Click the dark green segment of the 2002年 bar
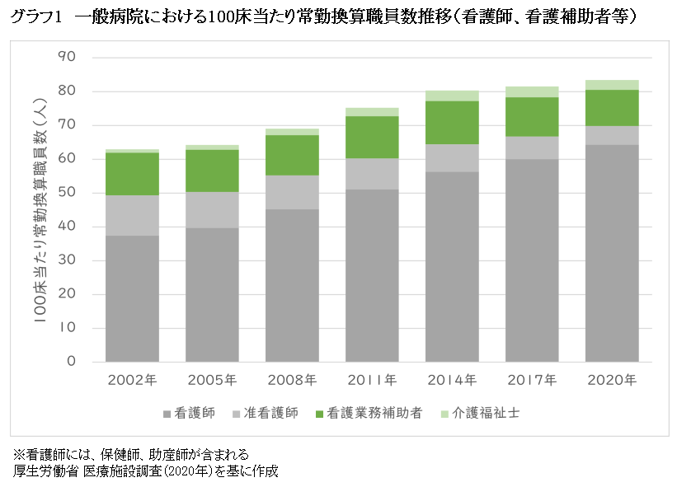tap(132, 174)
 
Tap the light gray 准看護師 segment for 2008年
tap(292, 192)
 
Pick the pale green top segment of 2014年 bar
tap(452, 96)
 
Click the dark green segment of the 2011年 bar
tap(372, 137)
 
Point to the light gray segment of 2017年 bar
tap(532, 148)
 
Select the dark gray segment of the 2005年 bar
tap(212, 294)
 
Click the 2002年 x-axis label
tap(132, 380)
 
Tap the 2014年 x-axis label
tap(452, 380)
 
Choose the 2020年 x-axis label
tap(612, 380)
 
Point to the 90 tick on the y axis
tap(67, 58)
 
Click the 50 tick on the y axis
tap(67, 193)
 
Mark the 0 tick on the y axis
tap(71, 362)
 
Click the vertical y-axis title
tap(40, 211)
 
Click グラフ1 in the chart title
tap(34, 16)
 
